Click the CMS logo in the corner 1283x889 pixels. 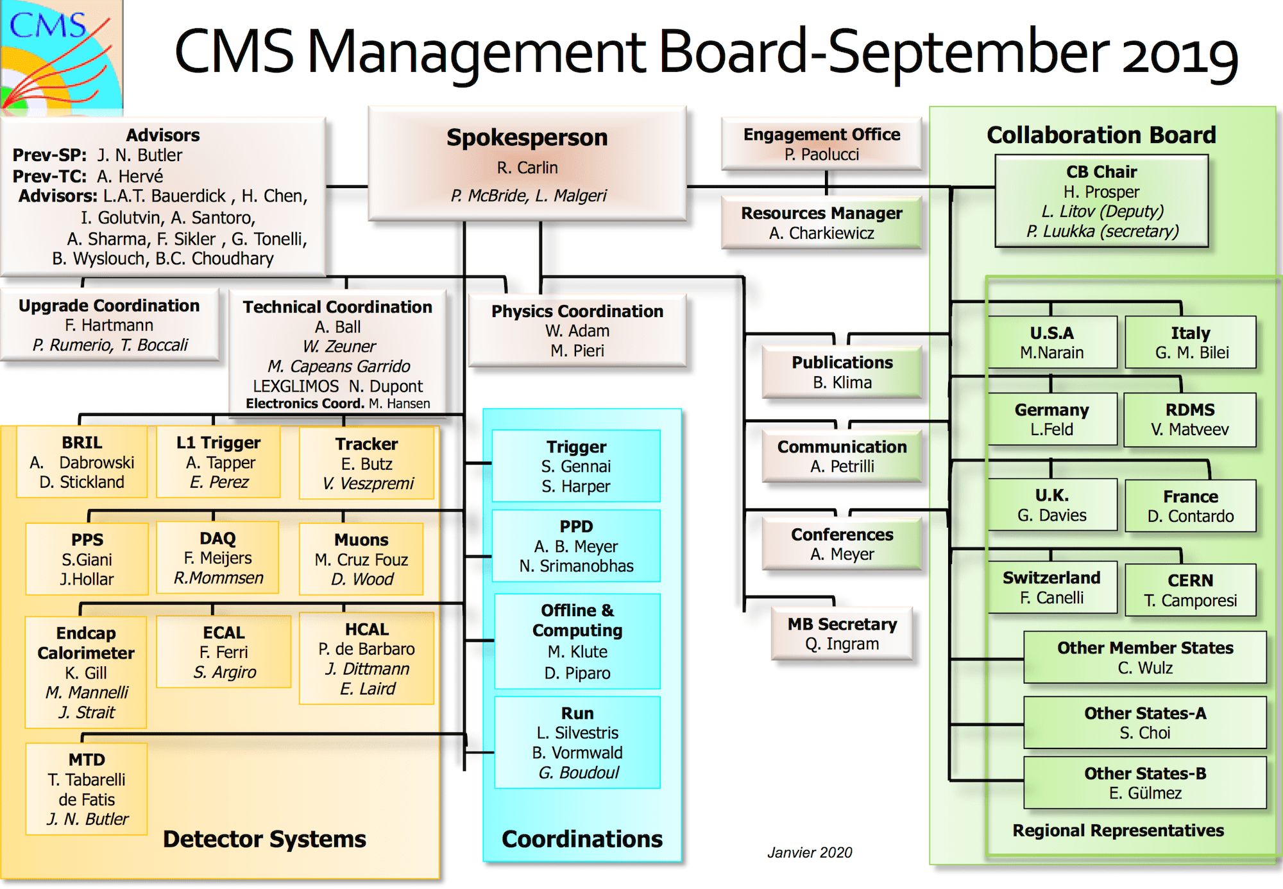click(61, 56)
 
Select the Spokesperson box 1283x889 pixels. click(527, 164)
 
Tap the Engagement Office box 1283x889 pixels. click(821, 144)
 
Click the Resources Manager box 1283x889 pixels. click(821, 222)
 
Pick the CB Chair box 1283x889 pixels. click(1101, 201)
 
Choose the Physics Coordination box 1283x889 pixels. click(577, 330)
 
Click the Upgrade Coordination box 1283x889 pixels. click(109, 324)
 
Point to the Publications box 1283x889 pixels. click(842, 372)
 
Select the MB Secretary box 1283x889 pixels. click(842, 634)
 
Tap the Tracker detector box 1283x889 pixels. click(367, 462)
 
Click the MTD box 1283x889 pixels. click(87, 789)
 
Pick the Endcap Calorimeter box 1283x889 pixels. click(86, 672)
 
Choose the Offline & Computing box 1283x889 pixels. click(577, 641)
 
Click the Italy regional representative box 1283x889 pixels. click(1191, 342)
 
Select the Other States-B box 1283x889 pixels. click(1145, 782)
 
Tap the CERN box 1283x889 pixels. click(1191, 589)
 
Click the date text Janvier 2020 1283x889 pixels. click(810, 852)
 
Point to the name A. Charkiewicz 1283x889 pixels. click(821, 233)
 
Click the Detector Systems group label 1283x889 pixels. click(264, 839)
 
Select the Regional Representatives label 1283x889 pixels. click(1118, 831)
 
